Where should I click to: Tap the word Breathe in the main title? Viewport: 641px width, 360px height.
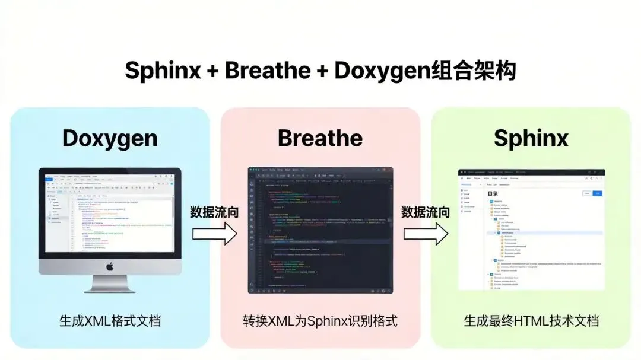268,71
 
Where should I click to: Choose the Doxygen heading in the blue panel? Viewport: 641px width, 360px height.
110,138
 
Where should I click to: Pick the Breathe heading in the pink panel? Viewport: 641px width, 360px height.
320,138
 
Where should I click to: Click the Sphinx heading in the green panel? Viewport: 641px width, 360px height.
531,138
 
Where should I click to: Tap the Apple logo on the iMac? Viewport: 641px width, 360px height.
110,267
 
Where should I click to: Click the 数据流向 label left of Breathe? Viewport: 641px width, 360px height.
214,212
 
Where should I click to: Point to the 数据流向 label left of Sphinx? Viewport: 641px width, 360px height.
425,212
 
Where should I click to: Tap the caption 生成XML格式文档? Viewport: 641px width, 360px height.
110,321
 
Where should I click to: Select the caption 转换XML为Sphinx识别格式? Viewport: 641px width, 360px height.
320,321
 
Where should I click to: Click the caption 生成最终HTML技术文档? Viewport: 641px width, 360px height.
531,321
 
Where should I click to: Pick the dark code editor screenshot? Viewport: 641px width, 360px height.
320,230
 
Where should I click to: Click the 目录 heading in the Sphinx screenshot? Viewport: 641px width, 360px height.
493,194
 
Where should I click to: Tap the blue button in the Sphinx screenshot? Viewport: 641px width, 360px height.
598,193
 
